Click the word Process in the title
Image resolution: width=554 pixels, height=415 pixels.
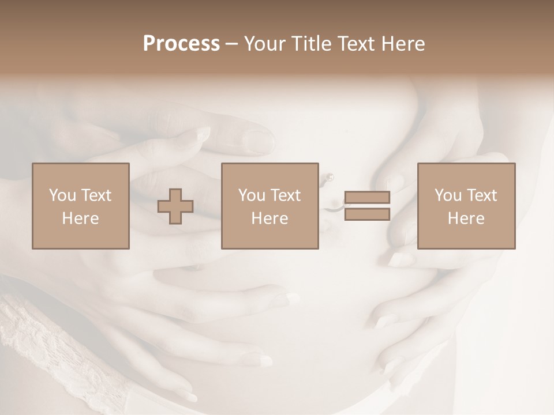coord(181,44)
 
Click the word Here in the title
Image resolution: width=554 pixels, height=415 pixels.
coord(403,44)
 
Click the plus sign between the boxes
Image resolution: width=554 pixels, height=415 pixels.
coord(175,206)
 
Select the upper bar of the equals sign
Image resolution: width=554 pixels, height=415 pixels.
coord(367,197)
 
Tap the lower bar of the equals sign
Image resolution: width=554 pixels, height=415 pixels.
coord(367,214)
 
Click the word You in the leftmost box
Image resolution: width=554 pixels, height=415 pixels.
coord(62,195)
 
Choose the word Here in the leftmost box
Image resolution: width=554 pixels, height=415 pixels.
coord(80,218)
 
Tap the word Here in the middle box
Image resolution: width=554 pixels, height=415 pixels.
coord(269,218)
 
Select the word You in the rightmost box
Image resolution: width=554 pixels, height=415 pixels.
coord(447,195)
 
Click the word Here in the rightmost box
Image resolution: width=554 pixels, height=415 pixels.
coord(466,218)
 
